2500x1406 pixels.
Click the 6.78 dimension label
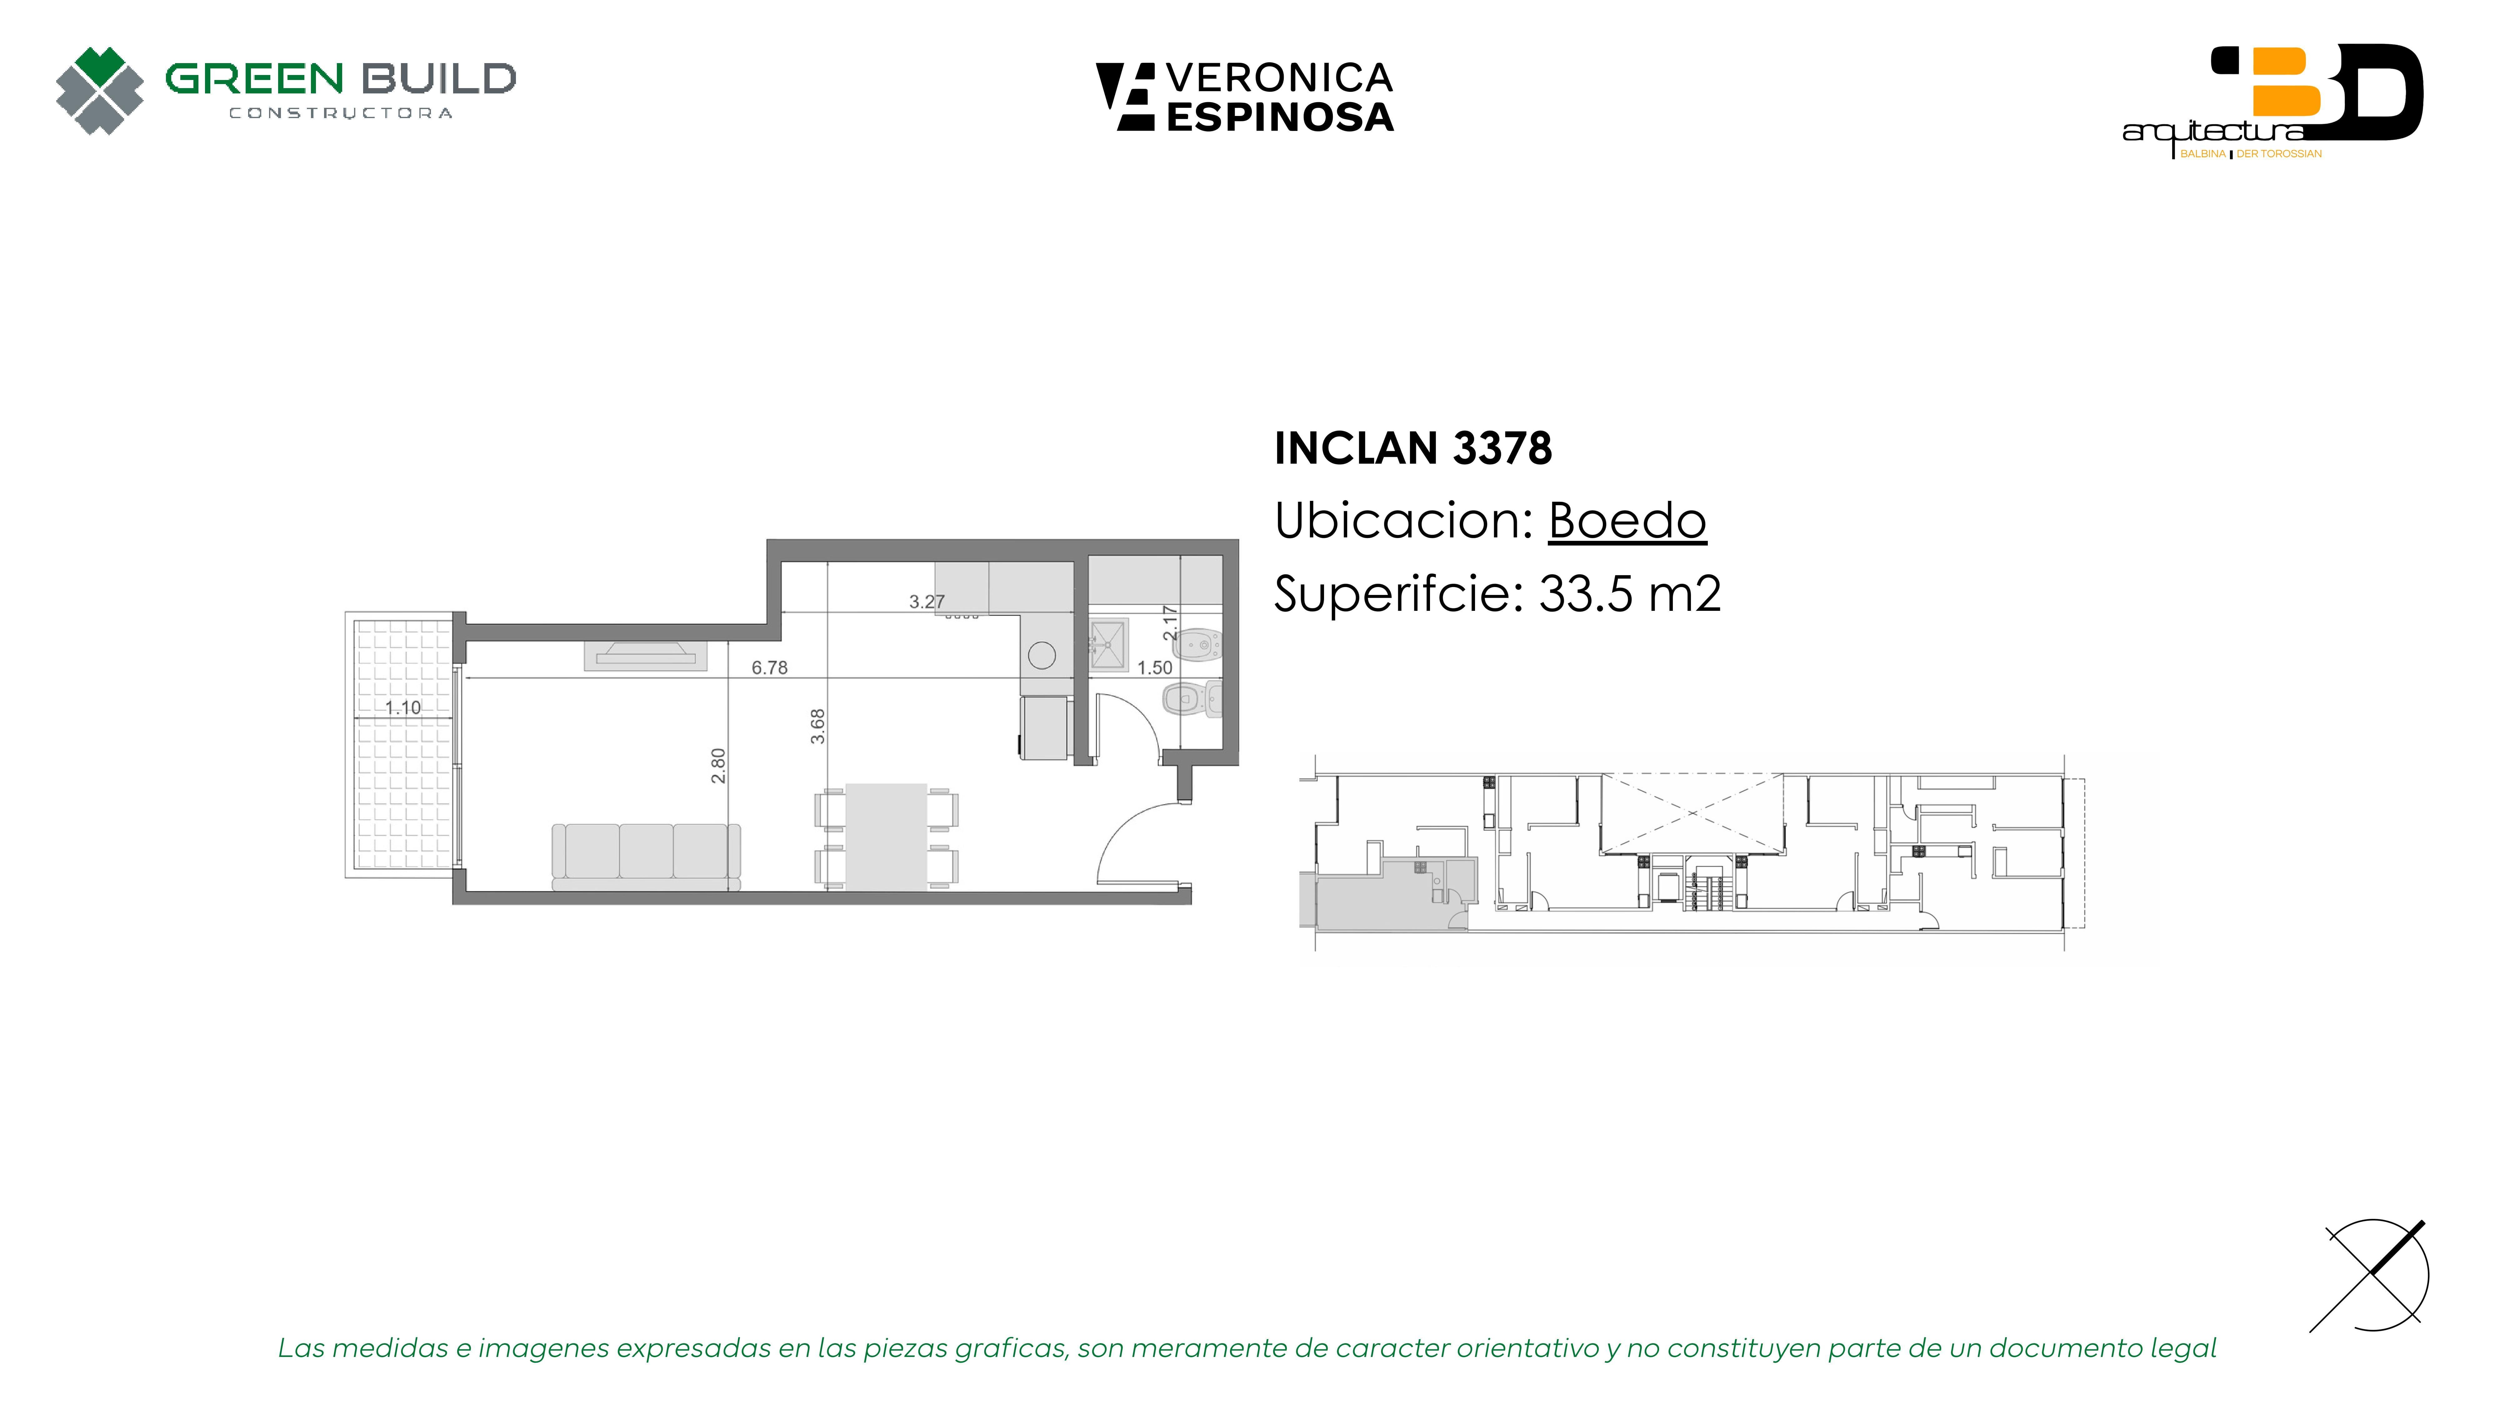(770, 668)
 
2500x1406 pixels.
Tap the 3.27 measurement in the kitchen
(927, 601)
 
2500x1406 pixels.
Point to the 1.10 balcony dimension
(403, 707)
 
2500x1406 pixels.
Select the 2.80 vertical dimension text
(718, 765)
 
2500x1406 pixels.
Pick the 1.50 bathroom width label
(1155, 668)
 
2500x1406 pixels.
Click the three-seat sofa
(646, 856)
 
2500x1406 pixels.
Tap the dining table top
(886, 836)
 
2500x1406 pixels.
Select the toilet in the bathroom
(1193, 698)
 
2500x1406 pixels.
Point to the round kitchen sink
(1042, 656)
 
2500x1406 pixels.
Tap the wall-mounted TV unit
(645, 656)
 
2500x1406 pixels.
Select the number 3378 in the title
(1502, 448)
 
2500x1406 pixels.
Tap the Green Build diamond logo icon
(100, 90)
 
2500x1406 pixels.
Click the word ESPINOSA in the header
(1280, 117)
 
